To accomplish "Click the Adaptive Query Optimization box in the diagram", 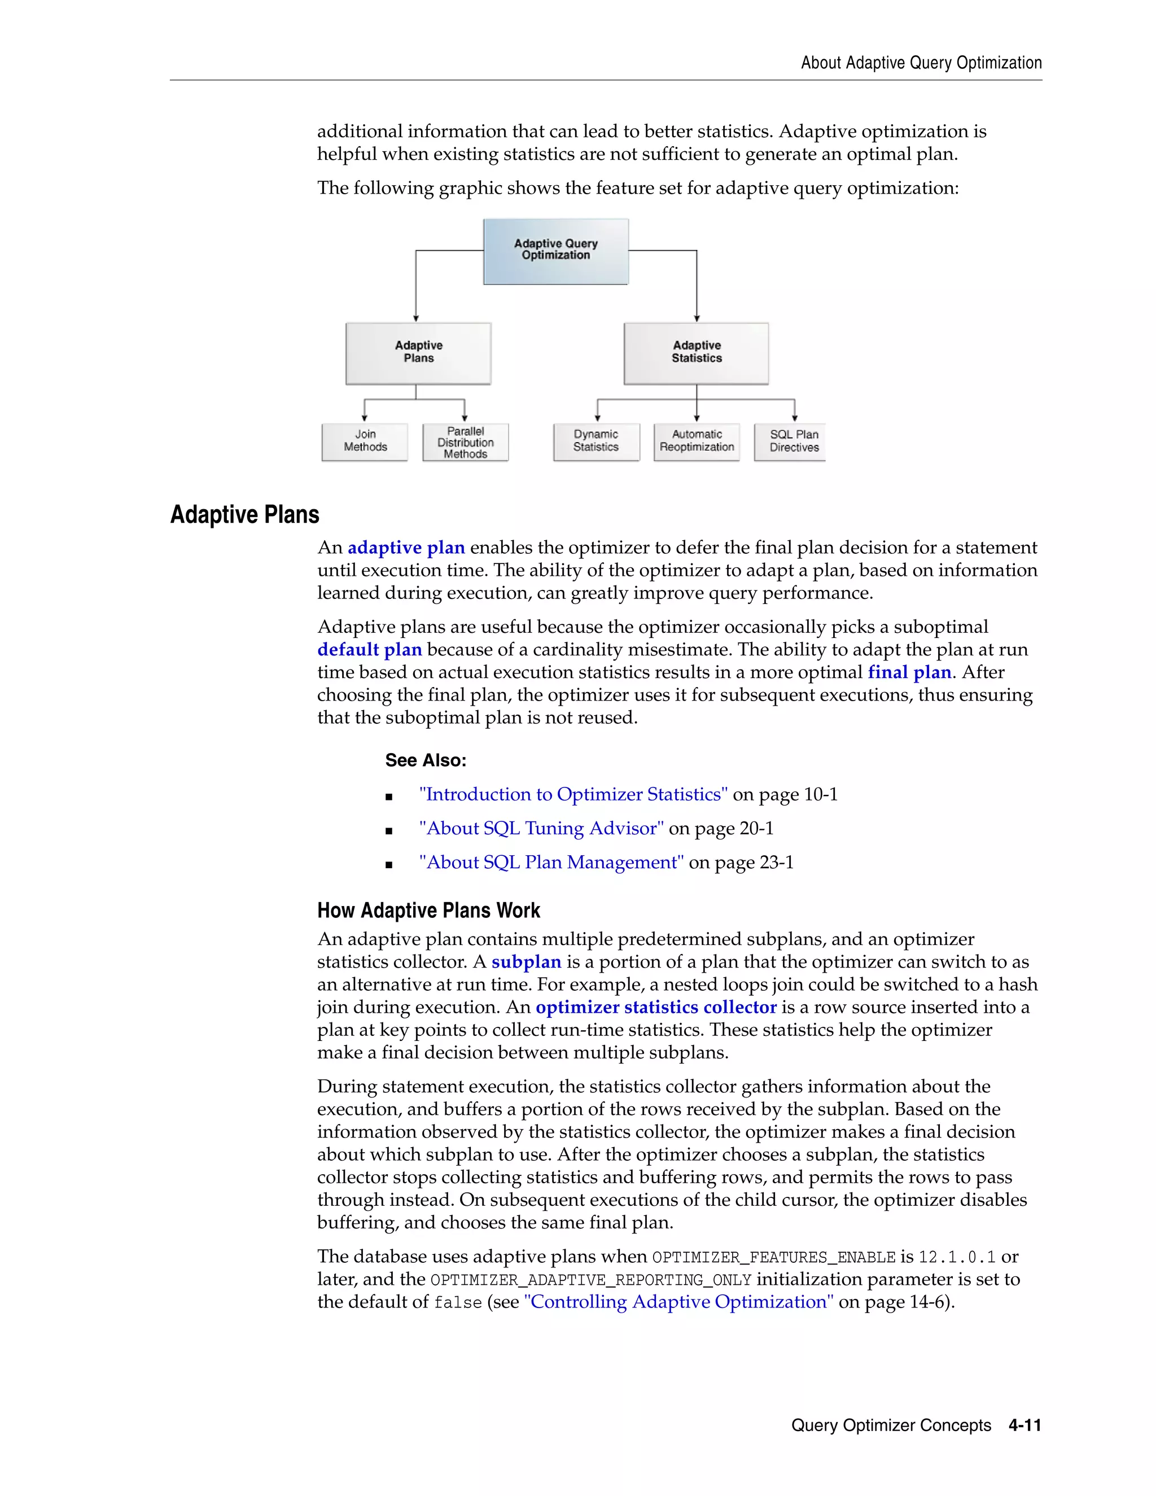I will click(x=555, y=251).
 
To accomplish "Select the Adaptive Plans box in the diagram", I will click(x=418, y=353).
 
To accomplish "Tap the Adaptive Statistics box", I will click(x=696, y=353).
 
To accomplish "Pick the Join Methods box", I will click(x=365, y=442).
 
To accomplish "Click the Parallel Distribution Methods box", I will click(x=465, y=443).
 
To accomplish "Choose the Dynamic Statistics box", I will click(x=596, y=442).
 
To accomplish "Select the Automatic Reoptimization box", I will click(x=697, y=442).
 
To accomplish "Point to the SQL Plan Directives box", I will click(x=790, y=442).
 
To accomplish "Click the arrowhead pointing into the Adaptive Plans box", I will click(x=415, y=318).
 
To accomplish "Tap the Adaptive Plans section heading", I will click(x=244, y=515).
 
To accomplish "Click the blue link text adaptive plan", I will click(x=406, y=548).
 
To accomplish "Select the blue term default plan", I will click(x=369, y=650).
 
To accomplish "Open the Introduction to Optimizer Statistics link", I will click(x=573, y=795).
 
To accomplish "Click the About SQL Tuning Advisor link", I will click(x=541, y=829).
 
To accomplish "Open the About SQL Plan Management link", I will click(x=551, y=863).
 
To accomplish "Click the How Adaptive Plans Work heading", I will click(x=429, y=911).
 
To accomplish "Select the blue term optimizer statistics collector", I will click(x=656, y=1008).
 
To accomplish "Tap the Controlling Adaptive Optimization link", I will click(x=678, y=1302).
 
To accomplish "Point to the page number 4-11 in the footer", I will click(x=1024, y=1425).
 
